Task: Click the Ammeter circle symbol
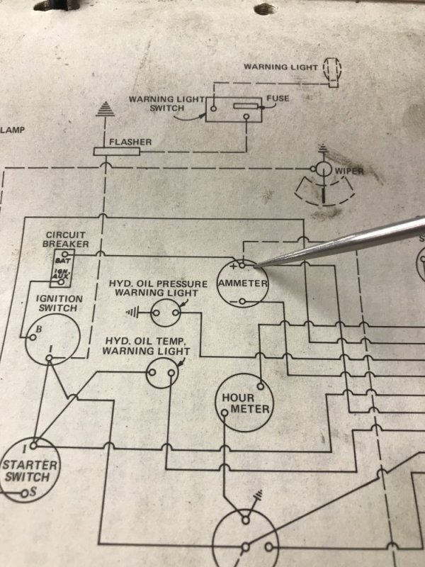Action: [242, 283]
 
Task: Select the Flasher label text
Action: [130, 142]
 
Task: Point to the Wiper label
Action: [350, 171]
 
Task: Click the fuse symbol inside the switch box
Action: [244, 106]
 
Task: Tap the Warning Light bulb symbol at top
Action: [331, 69]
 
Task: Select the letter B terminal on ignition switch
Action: [39, 329]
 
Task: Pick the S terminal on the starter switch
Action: [26, 492]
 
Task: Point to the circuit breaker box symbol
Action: [62, 266]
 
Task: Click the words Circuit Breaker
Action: [66, 240]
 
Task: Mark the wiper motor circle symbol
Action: [323, 169]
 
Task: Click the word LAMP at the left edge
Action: [12, 130]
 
